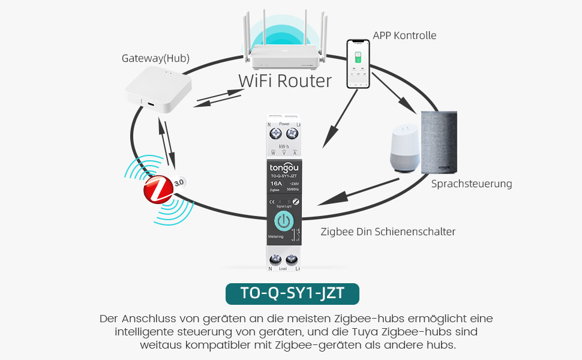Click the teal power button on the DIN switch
click(284, 221)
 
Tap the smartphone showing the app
click(358, 64)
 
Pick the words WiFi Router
click(285, 81)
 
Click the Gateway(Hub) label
click(155, 58)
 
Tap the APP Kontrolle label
click(404, 35)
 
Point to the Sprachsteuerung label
click(472, 184)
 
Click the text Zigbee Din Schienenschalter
click(388, 231)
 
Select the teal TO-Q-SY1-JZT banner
click(292, 295)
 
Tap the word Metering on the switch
click(276, 236)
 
